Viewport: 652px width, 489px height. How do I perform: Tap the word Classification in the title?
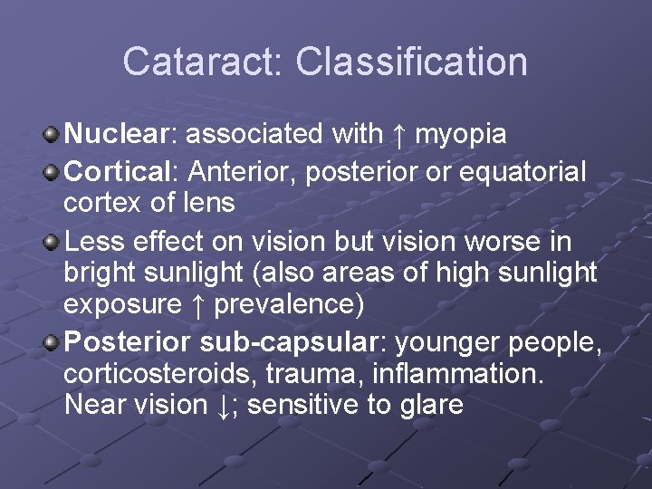tap(411, 62)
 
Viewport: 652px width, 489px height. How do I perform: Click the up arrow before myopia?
tap(398, 135)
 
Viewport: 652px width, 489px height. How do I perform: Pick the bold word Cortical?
tap(120, 171)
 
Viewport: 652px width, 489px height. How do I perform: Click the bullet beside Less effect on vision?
tap(52, 243)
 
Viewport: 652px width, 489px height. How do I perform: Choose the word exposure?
tap(121, 304)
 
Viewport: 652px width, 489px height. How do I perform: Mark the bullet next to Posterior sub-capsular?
tap(52, 343)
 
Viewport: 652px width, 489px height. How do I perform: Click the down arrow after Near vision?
tap(223, 405)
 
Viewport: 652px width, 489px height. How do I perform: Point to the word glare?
tap(430, 405)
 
